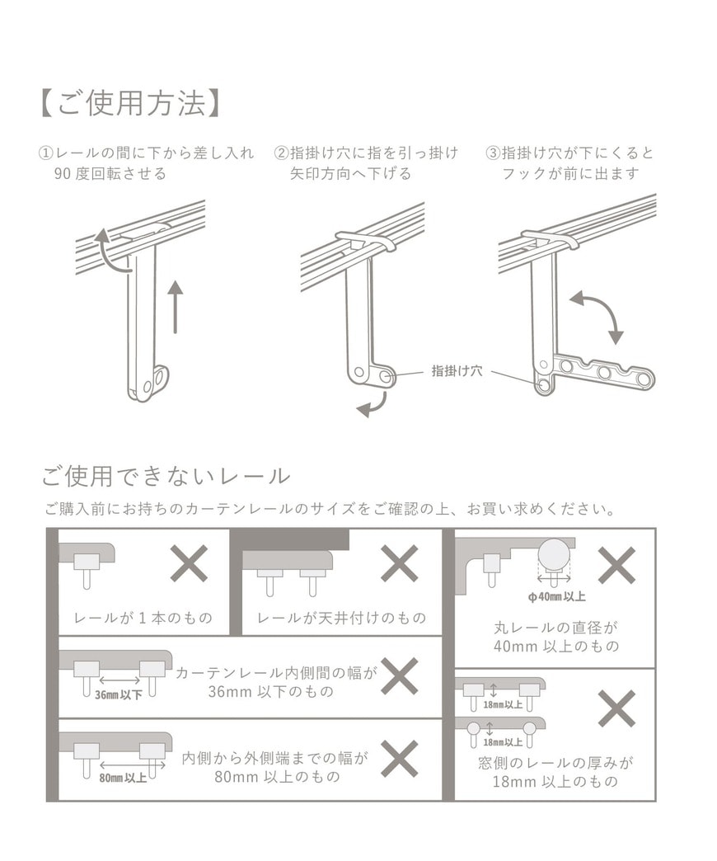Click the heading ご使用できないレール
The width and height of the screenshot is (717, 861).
166,476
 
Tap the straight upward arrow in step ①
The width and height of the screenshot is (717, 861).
175,306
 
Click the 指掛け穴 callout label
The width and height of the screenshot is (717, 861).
457,371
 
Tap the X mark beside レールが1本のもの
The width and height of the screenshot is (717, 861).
189,564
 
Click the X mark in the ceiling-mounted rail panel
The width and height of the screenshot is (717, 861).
399,564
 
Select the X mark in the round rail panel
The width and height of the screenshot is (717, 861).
616,565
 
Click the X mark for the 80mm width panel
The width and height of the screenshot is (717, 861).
399,758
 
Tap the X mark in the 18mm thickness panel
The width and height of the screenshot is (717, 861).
616,708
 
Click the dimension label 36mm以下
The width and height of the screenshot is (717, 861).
118,694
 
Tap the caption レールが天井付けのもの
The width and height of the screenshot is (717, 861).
341,618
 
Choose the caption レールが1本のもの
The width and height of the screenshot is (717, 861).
143,618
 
